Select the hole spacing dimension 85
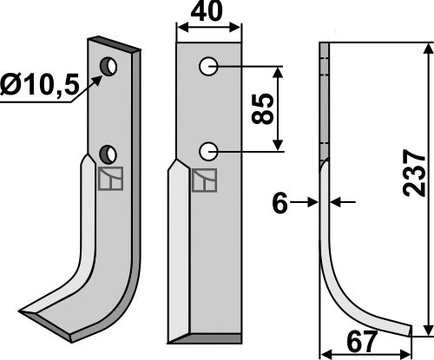click(266, 108)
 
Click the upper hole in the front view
click(208, 66)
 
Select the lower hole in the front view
click(208, 151)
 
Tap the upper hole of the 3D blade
click(108, 66)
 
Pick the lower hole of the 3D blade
click(108, 154)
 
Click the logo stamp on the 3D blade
click(109, 180)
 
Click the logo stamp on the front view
click(206, 180)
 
